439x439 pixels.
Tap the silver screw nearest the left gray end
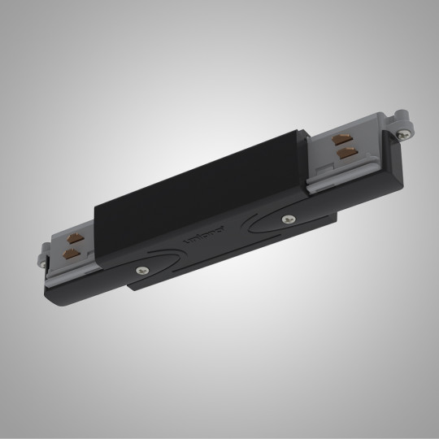click(145, 273)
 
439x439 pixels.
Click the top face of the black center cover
click(203, 187)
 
